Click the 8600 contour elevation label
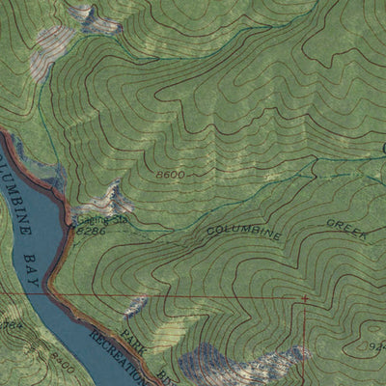(169, 174)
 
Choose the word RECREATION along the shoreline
(118, 356)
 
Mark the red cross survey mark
(305, 300)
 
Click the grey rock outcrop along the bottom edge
(241, 365)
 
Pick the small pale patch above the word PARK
(136, 306)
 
